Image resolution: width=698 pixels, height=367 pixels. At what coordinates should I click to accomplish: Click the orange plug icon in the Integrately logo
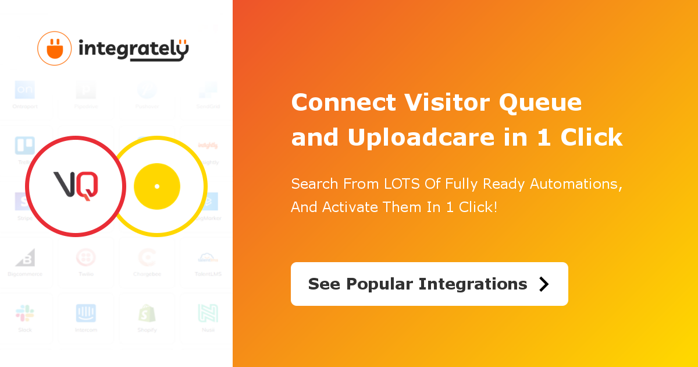click(x=55, y=48)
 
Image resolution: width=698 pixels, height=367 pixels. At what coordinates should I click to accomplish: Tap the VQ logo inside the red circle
click(x=76, y=186)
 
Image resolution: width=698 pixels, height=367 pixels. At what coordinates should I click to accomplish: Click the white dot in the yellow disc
click(x=157, y=186)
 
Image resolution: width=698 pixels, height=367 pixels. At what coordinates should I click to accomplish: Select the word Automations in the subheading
click(x=575, y=184)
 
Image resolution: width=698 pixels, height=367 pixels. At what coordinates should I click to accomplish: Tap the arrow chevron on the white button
click(x=544, y=284)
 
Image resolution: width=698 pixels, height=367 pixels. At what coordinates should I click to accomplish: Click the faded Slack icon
click(x=25, y=313)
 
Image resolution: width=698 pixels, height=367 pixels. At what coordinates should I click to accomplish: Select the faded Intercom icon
click(x=86, y=313)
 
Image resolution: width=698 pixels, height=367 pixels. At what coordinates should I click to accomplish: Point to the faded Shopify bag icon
click(x=147, y=313)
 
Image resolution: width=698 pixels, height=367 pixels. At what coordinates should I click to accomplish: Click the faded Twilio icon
click(x=86, y=257)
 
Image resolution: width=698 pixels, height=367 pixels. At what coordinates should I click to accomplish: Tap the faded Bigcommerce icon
click(x=25, y=257)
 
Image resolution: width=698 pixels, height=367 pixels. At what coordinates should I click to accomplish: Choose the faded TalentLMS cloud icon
click(x=208, y=257)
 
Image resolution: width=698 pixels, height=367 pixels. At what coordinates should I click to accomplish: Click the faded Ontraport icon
click(x=25, y=90)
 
